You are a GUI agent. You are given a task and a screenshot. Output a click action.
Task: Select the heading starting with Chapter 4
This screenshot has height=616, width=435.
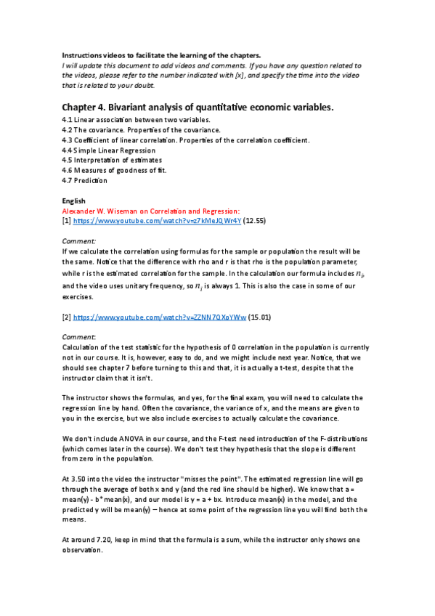point(197,107)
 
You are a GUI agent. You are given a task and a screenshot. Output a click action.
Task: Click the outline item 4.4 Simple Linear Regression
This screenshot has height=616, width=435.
point(109,150)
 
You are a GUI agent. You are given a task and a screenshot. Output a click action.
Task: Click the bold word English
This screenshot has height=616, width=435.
point(74,200)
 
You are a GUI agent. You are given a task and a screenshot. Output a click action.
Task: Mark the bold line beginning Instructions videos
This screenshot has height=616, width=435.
point(160,55)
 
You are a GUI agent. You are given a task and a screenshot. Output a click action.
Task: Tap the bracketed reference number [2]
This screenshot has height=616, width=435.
point(66,317)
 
